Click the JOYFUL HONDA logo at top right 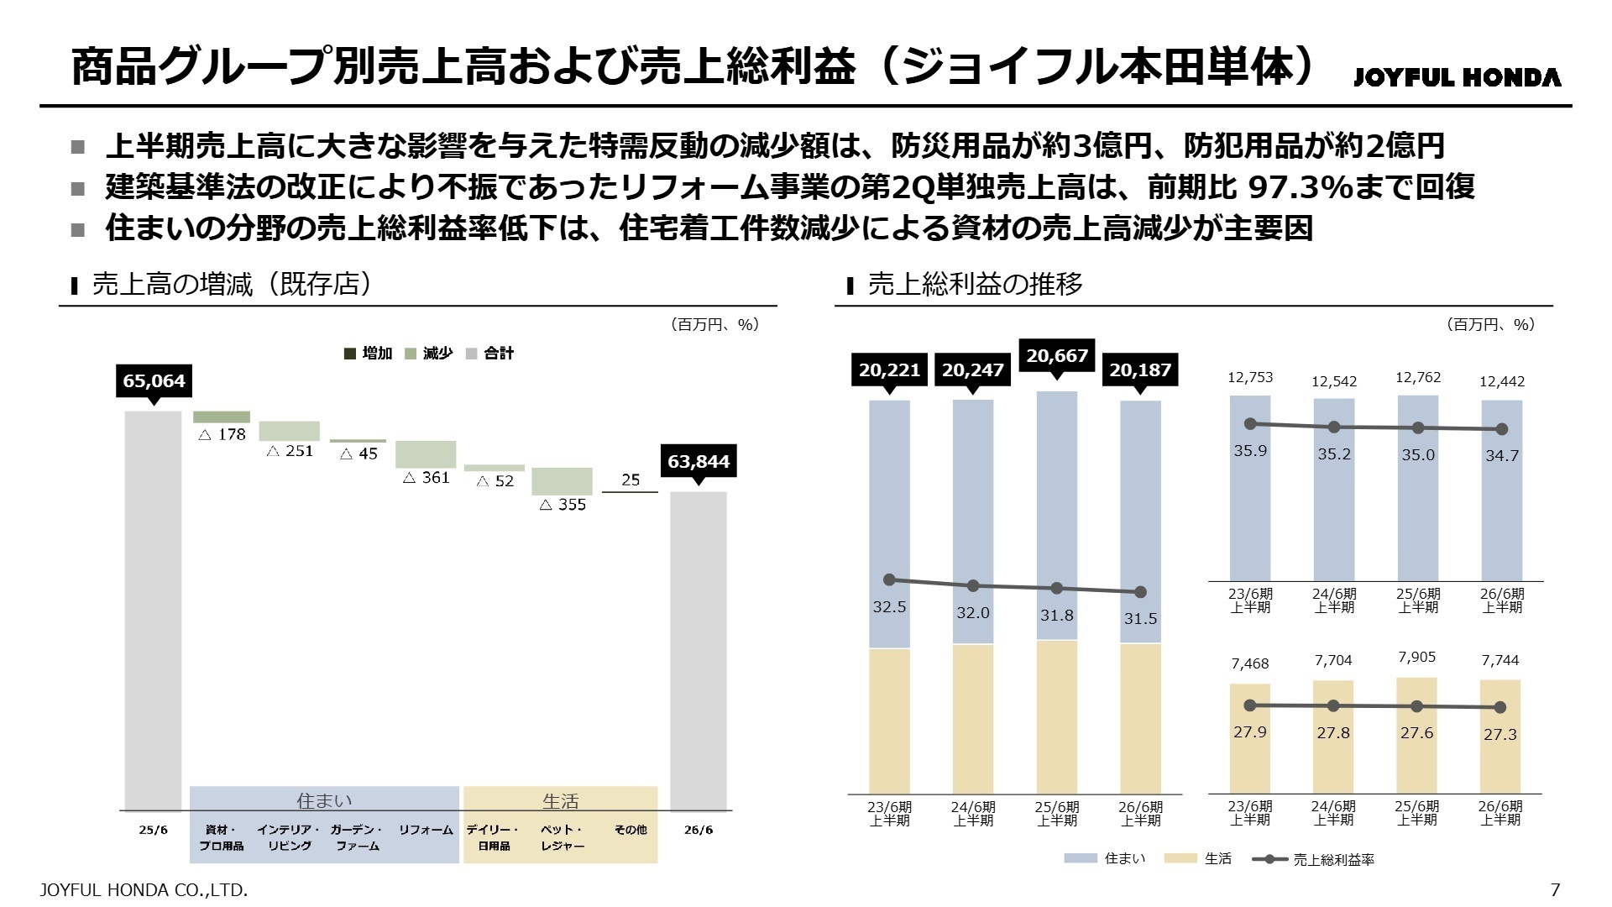1457,77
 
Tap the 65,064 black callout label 154,380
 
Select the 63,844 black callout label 699,461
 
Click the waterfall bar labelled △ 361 426,454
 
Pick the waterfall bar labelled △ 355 562,481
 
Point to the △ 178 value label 222,434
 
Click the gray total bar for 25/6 153,609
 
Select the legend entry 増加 369,354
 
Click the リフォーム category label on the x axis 426,830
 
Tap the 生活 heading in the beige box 560,801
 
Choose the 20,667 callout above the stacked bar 1056,355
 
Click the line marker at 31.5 1140,592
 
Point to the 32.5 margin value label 889,606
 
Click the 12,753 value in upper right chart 1250,377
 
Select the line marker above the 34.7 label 1502,429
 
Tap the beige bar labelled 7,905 1416,735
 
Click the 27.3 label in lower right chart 1499,734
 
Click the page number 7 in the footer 1555,889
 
